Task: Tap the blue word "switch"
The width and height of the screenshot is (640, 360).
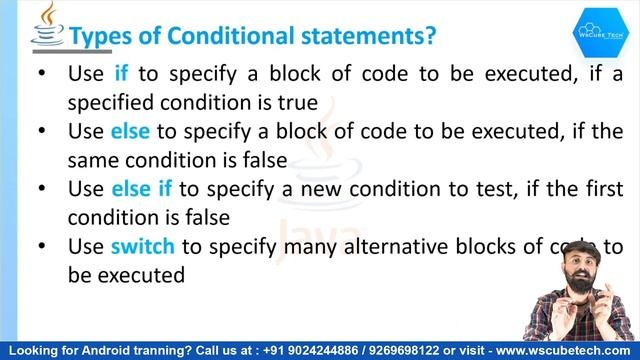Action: pos(143,246)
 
